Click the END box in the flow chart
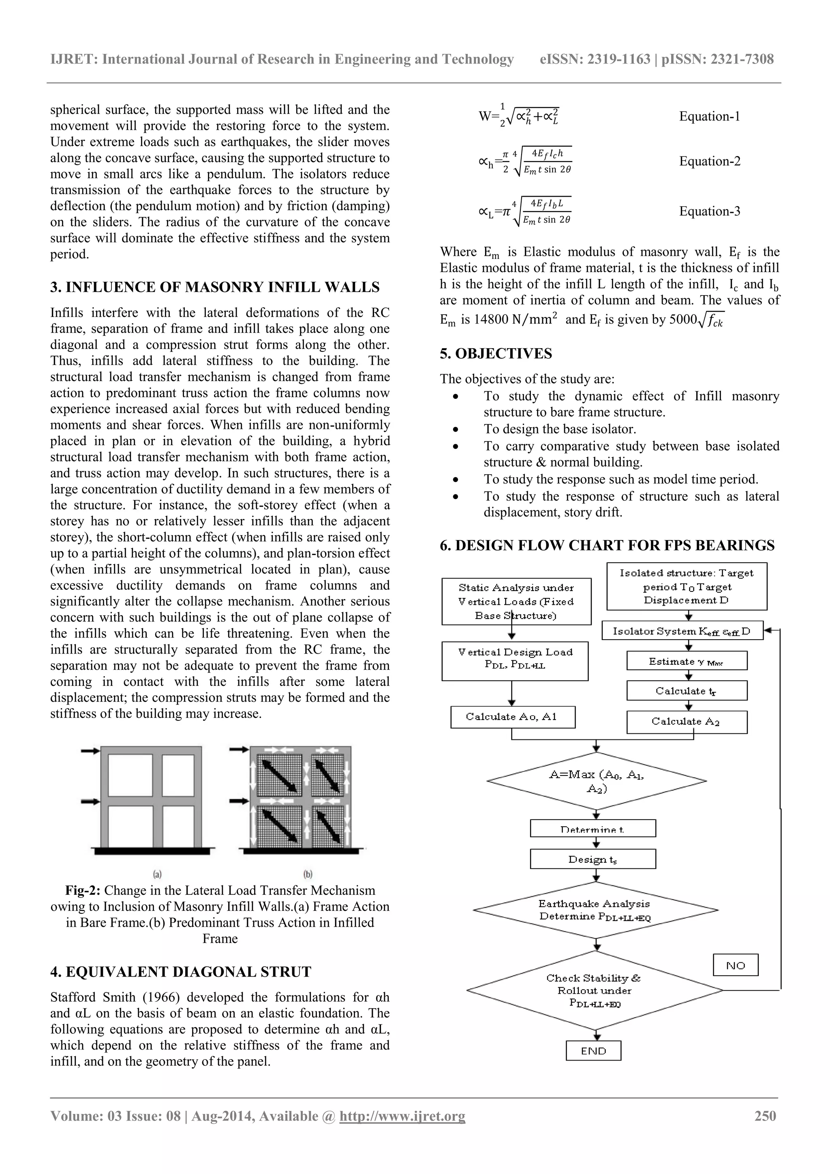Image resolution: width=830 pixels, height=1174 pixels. click(593, 1051)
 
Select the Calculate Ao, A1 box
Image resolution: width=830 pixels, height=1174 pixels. click(513, 716)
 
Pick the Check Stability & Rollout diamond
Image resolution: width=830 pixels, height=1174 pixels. click(594, 990)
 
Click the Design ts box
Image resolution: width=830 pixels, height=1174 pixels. click(593, 859)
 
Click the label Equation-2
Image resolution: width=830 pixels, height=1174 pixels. click(709, 162)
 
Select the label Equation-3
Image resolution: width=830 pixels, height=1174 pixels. click(709, 211)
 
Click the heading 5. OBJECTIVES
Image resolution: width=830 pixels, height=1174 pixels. click(496, 354)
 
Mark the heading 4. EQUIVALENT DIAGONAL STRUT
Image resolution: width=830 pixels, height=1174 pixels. click(180, 972)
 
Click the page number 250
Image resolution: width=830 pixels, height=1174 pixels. click(765, 1116)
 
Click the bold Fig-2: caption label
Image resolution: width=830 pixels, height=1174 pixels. click(83, 891)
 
